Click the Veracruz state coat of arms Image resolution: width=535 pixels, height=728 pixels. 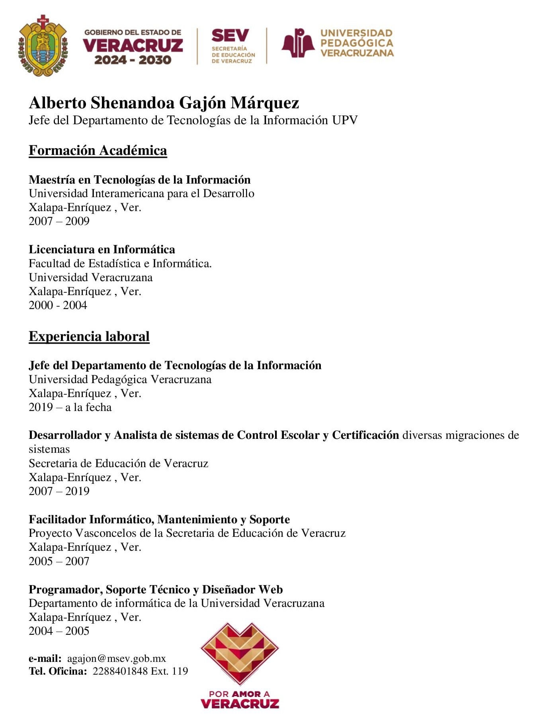[43, 46]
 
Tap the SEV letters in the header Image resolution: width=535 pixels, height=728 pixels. [230, 35]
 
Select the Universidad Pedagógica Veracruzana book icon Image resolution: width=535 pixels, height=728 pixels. [298, 43]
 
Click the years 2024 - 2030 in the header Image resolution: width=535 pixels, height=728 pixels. [133, 60]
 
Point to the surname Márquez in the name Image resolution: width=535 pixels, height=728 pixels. [265, 103]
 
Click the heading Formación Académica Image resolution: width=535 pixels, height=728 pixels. [98, 151]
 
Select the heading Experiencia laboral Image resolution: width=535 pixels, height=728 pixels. [89, 337]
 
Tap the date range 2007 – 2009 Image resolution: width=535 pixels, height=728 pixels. [59, 221]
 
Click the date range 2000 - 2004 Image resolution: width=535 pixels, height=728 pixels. [58, 305]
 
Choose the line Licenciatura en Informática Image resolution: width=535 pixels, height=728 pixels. [102, 249]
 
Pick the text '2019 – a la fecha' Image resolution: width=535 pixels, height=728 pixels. [70, 407]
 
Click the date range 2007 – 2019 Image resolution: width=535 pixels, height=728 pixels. [59, 491]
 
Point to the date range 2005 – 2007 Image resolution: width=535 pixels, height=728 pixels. [59, 561]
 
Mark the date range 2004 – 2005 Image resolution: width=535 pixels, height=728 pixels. [59, 631]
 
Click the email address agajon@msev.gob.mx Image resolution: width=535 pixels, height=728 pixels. [116, 659]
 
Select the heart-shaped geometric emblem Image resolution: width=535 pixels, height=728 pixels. [240, 653]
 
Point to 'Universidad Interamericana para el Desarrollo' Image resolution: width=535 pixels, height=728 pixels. [141, 194]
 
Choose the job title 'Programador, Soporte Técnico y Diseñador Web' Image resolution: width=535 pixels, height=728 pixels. [156, 589]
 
